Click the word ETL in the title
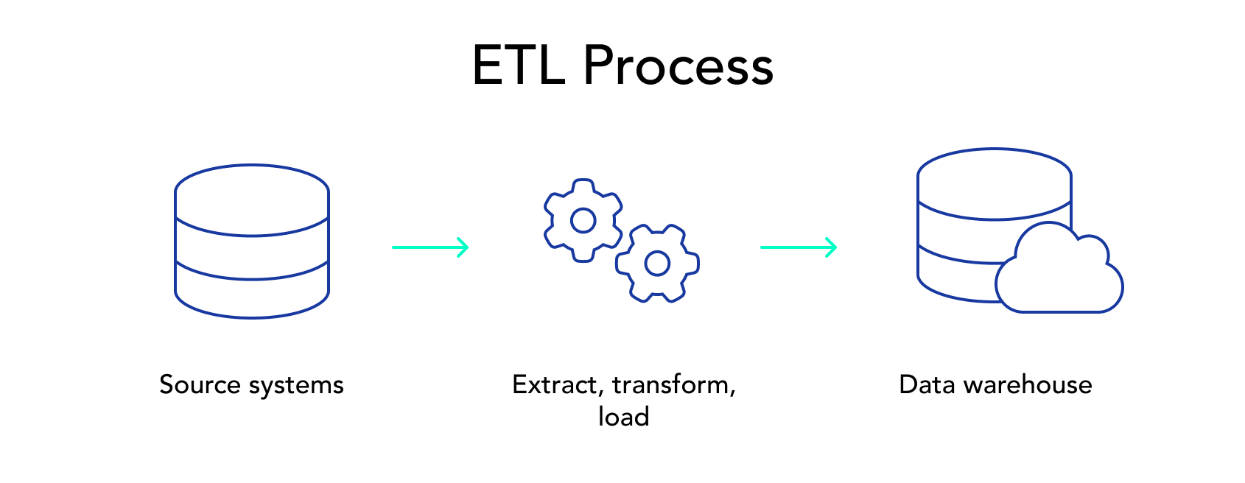(x=519, y=66)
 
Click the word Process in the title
(x=678, y=66)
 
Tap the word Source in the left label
(x=200, y=384)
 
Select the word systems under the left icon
(x=296, y=387)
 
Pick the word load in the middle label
(x=624, y=416)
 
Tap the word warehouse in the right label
(x=1028, y=384)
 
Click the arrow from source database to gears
(x=431, y=247)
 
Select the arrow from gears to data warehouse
(x=799, y=247)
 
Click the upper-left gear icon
(x=583, y=221)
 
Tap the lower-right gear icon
(x=658, y=264)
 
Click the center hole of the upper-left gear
(x=583, y=221)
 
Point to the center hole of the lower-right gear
(x=658, y=264)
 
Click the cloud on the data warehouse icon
(x=1059, y=269)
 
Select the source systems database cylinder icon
(x=252, y=241)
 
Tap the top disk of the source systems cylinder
(x=252, y=200)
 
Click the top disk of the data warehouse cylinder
(x=995, y=184)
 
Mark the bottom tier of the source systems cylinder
(x=252, y=290)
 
